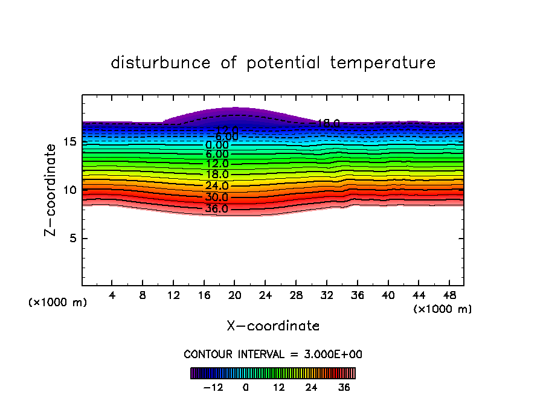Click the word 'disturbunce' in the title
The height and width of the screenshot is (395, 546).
pyautogui.click(x=161, y=63)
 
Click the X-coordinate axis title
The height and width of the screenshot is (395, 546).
pyautogui.click(x=273, y=326)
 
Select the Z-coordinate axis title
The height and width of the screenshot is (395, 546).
pyautogui.click(x=51, y=190)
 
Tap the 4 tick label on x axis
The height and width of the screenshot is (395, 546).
pyautogui.click(x=112, y=295)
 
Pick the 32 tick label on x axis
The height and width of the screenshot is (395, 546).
pyautogui.click(x=327, y=295)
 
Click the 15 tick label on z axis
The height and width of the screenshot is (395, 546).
pyautogui.click(x=69, y=142)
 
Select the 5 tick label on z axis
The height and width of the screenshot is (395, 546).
pyautogui.click(x=72, y=238)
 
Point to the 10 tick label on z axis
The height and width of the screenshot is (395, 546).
pyautogui.click(x=69, y=190)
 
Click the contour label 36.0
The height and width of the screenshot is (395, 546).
pyautogui.click(x=216, y=209)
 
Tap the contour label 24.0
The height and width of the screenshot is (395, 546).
pyautogui.click(x=216, y=186)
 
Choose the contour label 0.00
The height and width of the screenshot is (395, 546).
pyautogui.click(x=216, y=145)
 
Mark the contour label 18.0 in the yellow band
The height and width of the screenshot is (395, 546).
pyautogui.click(x=216, y=175)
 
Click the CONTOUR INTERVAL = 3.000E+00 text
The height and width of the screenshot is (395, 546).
pyautogui.click(x=273, y=355)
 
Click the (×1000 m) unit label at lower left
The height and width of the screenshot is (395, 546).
pyautogui.click(x=58, y=303)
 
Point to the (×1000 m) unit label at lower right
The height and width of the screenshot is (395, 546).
pyautogui.click(x=443, y=309)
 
